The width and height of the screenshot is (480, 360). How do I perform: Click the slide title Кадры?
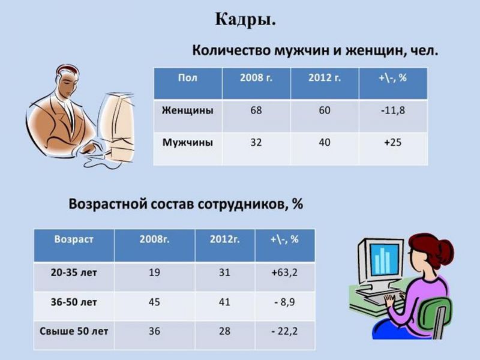[x=245, y=20]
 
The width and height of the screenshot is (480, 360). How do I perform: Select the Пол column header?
[x=188, y=78]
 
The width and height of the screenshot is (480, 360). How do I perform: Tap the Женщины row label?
[x=188, y=110]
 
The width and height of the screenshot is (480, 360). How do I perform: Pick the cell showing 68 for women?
[x=256, y=110]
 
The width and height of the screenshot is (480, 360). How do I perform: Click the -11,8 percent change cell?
[x=393, y=110]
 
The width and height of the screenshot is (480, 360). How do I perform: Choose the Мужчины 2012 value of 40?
[x=325, y=142]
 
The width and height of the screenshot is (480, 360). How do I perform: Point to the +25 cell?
[x=393, y=142]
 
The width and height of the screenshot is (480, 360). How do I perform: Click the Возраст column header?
[x=74, y=239]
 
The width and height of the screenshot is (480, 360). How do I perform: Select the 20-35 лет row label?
[x=74, y=272]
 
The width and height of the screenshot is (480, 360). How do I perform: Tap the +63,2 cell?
[x=284, y=272]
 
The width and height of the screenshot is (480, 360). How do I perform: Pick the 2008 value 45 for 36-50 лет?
[x=154, y=302]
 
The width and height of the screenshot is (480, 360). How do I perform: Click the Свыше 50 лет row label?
[x=74, y=331]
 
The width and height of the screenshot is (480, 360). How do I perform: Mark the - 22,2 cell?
[x=284, y=331]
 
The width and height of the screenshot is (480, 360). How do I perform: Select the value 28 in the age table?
[x=224, y=331]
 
